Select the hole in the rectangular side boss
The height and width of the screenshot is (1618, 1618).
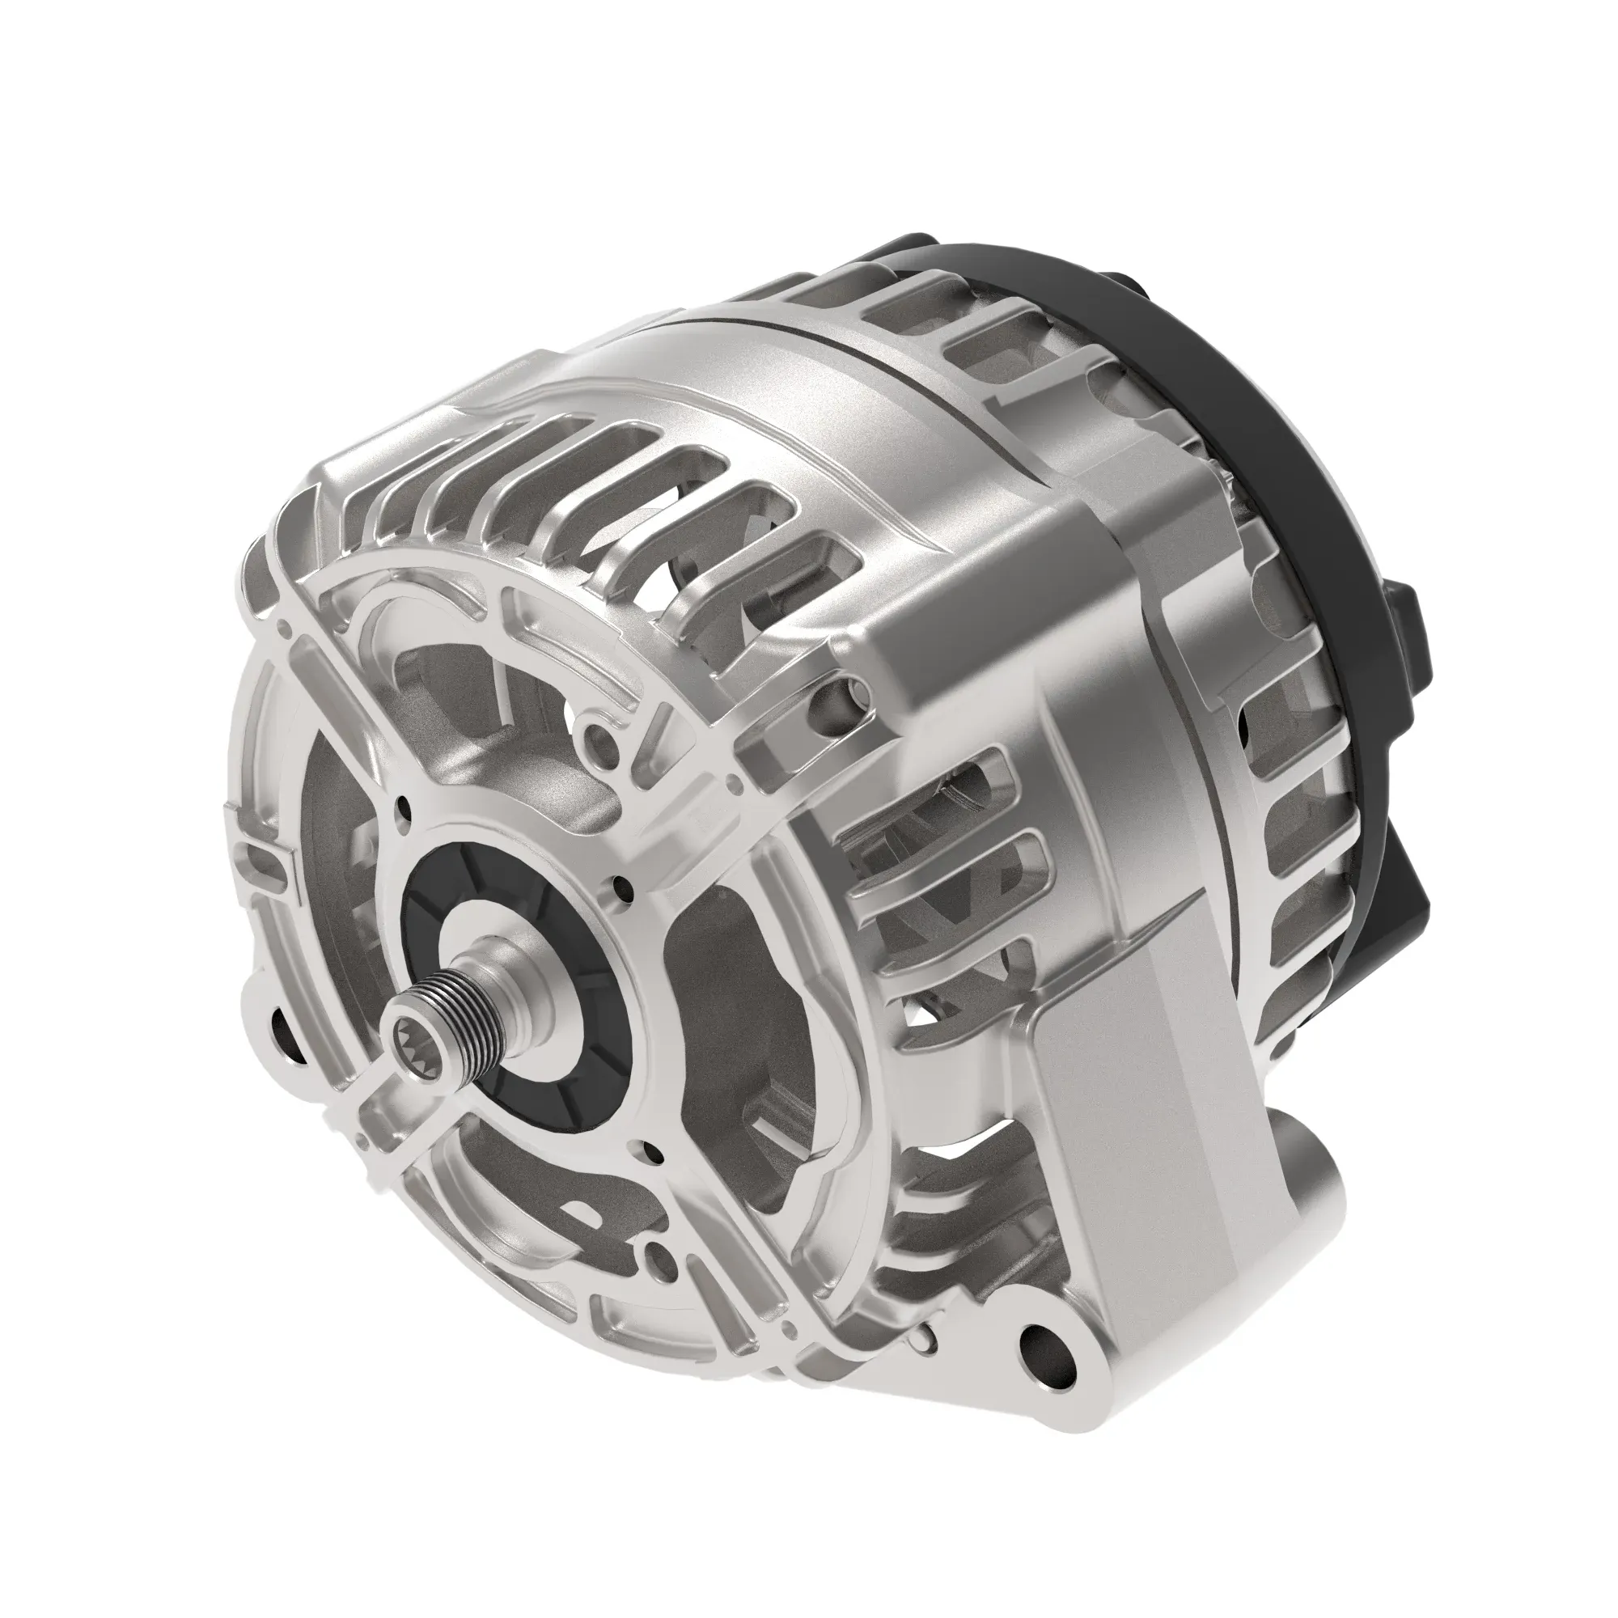point(841,692)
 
